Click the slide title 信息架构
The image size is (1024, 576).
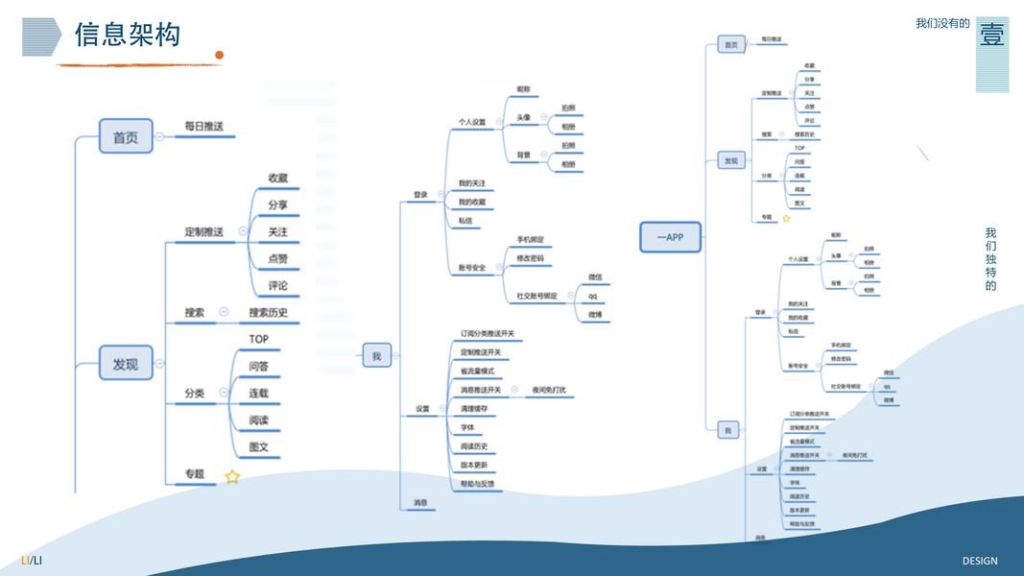pyautogui.click(x=128, y=36)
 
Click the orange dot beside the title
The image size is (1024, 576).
pyautogui.click(x=219, y=56)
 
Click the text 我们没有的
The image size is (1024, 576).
pyautogui.click(x=942, y=23)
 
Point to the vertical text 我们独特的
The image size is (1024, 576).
pyautogui.click(x=990, y=259)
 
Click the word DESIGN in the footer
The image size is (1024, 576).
pyautogui.click(x=980, y=561)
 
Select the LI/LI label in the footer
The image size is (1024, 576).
pyautogui.click(x=32, y=561)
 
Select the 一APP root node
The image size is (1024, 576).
pyautogui.click(x=670, y=236)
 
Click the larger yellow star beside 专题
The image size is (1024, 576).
pyautogui.click(x=232, y=476)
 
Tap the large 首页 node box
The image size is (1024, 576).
pyautogui.click(x=126, y=137)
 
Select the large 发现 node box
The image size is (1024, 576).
pyautogui.click(x=126, y=364)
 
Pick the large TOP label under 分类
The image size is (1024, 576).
pyautogui.click(x=259, y=339)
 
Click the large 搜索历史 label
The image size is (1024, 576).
pyautogui.click(x=268, y=312)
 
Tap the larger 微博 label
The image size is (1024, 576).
pyautogui.click(x=594, y=315)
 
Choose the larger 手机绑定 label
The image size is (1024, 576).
pyautogui.click(x=530, y=239)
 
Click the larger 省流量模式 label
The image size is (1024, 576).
pyautogui.click(x=477, y=371)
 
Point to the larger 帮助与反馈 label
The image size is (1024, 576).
pyautogui.click(x=478, y=484)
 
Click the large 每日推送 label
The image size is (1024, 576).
pyautogui.click(x=209, y=127)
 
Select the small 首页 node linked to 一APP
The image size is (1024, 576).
pyautogui.click(x=731, y=44)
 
